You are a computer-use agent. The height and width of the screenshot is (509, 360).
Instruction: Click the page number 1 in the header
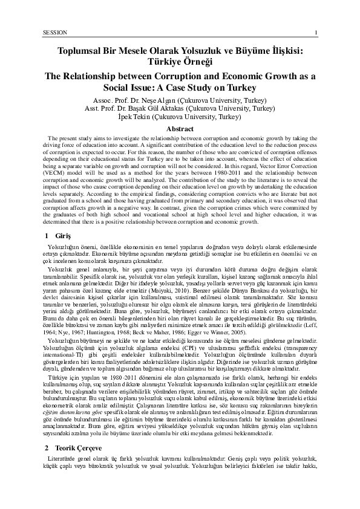pyautogui.click(x=325, y=31)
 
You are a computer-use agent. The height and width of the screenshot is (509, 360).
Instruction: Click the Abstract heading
pyautogui.click(x=180, y=128)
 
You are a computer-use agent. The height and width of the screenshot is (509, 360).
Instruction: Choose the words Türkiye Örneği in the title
pyautogui.click(x=180, y=63)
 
